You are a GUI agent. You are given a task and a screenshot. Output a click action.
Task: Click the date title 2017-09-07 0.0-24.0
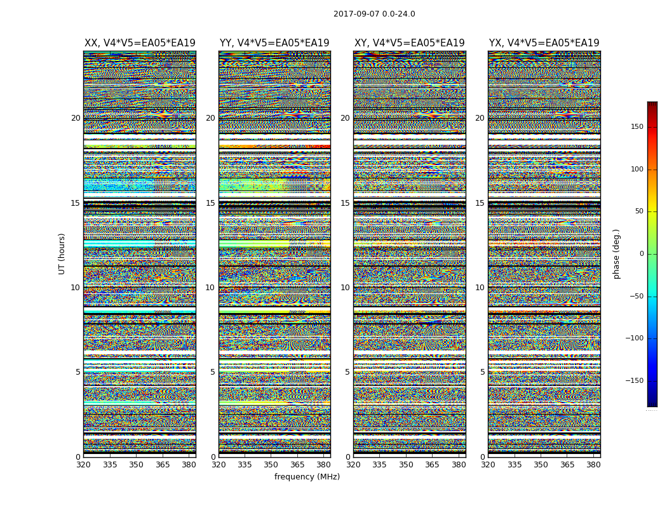coord(374,14)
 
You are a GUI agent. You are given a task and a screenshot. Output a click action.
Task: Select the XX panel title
coord(140,43)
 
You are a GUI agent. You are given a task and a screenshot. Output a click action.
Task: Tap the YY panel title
coord(274,43)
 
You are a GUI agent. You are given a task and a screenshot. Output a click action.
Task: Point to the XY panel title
coord(409,43)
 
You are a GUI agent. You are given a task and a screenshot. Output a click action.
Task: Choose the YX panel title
coord(544,43)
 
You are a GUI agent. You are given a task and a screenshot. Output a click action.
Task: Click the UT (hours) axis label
coord(62,253)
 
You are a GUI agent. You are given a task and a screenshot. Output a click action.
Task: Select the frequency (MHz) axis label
coord(307,477)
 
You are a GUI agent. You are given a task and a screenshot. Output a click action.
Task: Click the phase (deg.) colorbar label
coord(616,253)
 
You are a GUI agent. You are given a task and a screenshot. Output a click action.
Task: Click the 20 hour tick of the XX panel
coord(76,118)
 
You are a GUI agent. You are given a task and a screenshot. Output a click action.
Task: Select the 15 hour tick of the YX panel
coord(480,203)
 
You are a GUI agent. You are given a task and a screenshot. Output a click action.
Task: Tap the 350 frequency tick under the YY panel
coord(271,465)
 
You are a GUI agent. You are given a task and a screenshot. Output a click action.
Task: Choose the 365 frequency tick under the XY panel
coord(432,465)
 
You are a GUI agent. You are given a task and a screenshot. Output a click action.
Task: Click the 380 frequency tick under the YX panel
coord(593,465)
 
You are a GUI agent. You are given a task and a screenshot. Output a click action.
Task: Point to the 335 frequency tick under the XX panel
coord(109,465)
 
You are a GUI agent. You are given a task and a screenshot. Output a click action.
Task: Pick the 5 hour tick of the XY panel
coord(347,372)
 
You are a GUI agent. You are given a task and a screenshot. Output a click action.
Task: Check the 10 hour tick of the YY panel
coord(210,288)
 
